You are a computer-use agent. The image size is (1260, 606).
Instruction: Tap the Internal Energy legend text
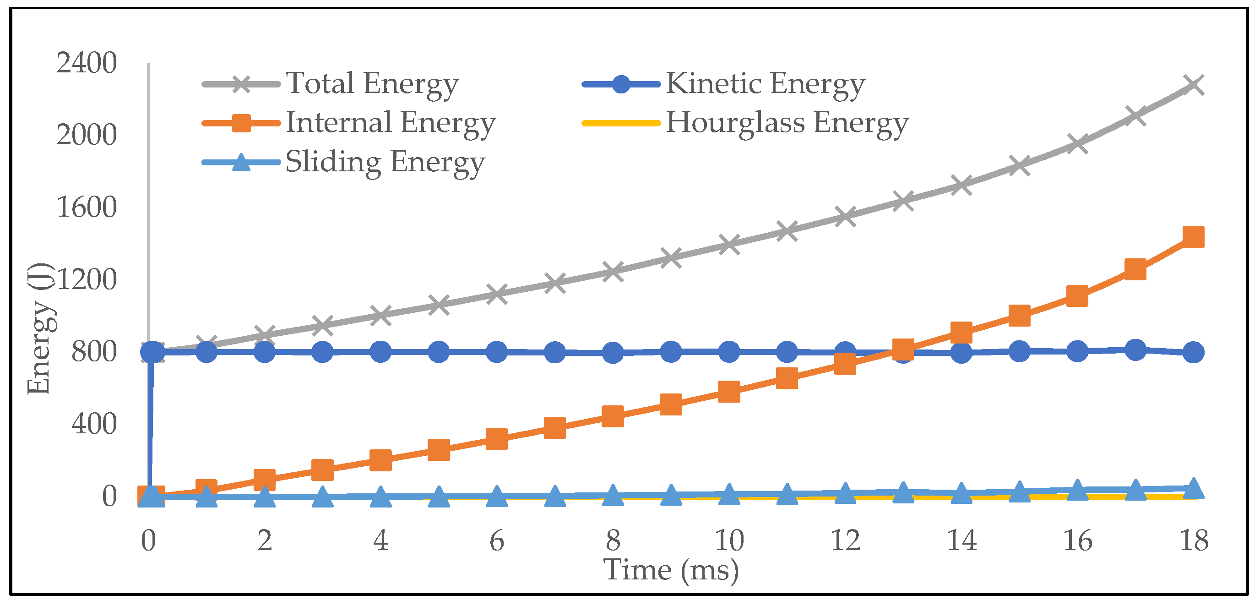coord(391,122)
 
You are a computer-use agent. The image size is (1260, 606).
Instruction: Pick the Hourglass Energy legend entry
coord(787,122)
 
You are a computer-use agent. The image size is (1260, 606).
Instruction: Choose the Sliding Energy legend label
coord(385,162)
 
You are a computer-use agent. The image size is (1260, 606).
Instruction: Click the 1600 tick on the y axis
coord(87,207)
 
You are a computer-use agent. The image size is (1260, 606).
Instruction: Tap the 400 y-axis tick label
coord(94,424)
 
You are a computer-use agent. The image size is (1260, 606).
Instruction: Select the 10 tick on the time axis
coord(729,540)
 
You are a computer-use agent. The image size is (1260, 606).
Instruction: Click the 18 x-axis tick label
coord(1194,540)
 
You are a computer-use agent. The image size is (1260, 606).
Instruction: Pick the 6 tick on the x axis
coord(496,540)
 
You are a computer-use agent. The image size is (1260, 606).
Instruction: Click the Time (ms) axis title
coord(671,570)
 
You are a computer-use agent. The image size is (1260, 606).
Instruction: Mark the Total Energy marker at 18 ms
coord(1193,85)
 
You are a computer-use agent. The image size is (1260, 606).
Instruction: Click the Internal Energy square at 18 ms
coord(1193,237)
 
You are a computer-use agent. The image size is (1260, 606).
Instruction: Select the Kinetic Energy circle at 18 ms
coord(1193,352)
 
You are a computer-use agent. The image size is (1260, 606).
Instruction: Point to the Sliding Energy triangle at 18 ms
coord(1193,488)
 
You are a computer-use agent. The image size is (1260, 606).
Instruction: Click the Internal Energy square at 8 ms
coord(613,416)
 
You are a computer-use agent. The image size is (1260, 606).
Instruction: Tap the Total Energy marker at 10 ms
coord(729,244)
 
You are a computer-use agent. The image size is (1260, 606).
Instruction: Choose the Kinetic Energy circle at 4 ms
coord(380,352)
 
